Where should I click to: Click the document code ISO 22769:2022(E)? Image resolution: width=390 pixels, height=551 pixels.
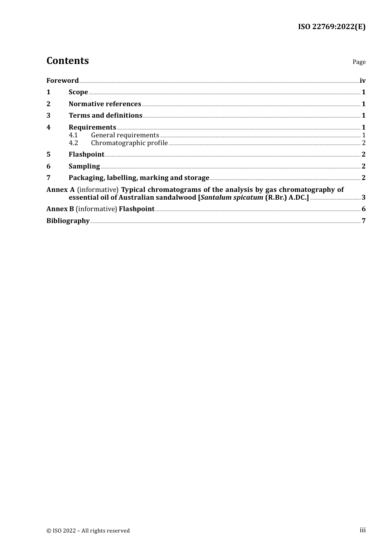tap(331, 27)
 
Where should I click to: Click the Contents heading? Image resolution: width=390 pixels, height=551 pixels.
tap(67, 61)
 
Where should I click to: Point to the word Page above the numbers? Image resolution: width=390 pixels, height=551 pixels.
tap(359, 62)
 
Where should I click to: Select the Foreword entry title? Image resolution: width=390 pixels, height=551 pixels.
tap(62, 81)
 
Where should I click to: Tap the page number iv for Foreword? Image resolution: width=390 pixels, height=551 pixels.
tap(362, 81)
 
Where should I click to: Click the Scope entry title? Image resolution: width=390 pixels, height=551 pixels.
tap(78, 92)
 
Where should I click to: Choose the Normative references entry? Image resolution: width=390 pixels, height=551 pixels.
tap(105, 104)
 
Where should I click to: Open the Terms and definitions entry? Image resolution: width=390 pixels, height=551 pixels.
tap(106, 116)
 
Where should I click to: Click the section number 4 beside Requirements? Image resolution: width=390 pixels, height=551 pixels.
tap(48, 128)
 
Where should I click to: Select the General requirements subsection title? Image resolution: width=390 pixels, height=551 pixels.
tap(125, 135)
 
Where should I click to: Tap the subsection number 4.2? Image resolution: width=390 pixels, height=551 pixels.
tap(73, 143)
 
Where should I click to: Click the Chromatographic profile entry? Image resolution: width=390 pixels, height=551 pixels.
tap(129, 143)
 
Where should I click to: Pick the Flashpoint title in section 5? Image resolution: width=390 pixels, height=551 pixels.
tap(86, 155)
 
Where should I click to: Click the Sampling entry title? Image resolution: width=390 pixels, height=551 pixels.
tap(84, 166)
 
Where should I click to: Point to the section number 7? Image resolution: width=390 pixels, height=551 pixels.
tap(48, 178)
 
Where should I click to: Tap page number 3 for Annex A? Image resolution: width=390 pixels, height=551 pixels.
tap(363, 198)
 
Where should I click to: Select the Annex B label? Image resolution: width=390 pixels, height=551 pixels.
tap(60, 209)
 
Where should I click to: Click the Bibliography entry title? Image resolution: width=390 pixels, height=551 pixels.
tap(68, 221)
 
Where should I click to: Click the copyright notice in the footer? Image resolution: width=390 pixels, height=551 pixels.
tap(88, 531)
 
